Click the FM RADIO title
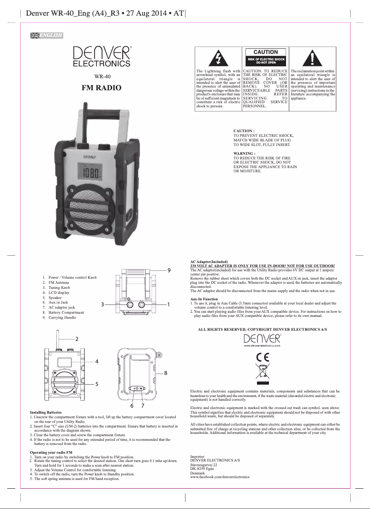click(x=101, y=88)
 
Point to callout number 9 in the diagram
click(x=169, y=269)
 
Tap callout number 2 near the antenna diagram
click(x=77, y=339)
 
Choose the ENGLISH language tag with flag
click(x=46, y=35)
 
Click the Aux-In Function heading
click(x=204, y=299)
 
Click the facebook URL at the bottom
click(x=220, y=477)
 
